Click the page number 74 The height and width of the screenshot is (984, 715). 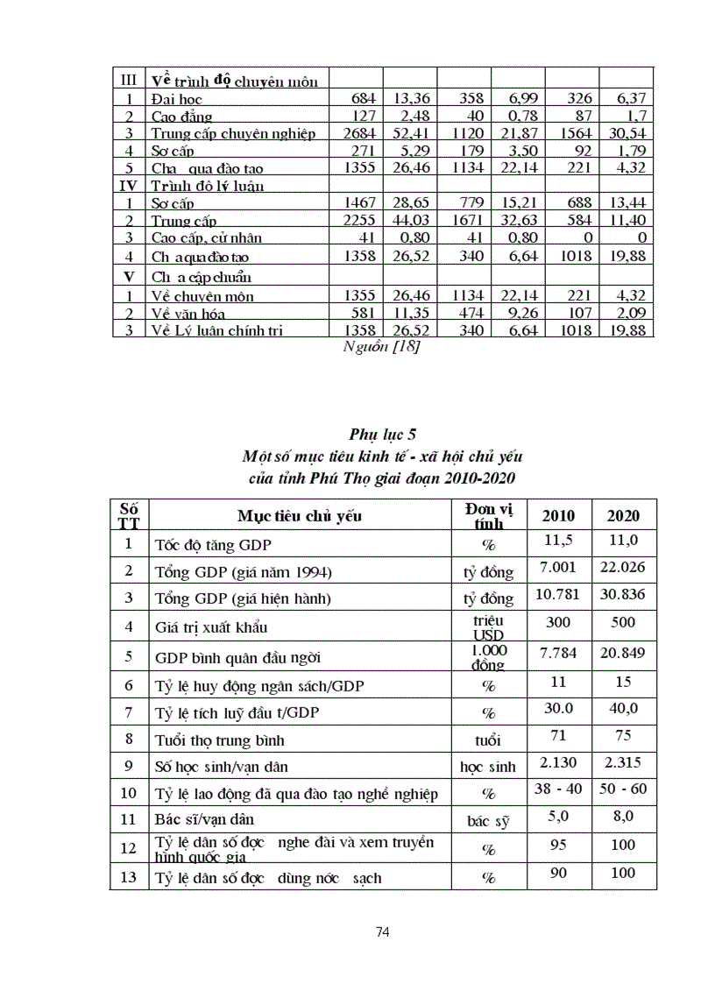(382, 932)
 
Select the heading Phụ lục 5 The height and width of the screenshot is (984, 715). (381, 434)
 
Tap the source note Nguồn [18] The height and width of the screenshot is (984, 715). (381, 348)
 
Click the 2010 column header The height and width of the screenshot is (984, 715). (560, 515)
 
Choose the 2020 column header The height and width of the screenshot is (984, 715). (624, 515)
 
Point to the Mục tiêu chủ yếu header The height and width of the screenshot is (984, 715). (299, 515)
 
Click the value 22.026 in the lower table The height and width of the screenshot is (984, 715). (624, 567)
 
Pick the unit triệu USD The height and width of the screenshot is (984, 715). (488, 627)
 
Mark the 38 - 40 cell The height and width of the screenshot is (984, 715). (560, 789)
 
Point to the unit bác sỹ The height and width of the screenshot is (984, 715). (488, 823)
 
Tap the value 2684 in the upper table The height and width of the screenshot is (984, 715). (360, 133)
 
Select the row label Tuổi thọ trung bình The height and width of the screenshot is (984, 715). (214, 740)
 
